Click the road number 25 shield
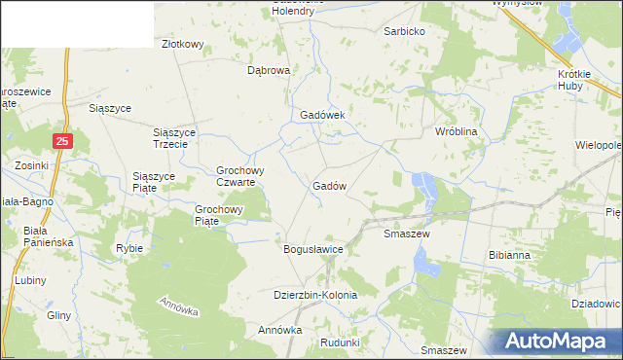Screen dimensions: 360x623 [62, 142]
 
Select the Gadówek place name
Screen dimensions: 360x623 [323, 114]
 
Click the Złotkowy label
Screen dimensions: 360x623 [182, 44]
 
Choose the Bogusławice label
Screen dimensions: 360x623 [313, 249]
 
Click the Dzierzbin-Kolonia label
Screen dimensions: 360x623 [315, 295]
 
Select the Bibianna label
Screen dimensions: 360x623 [509, 255]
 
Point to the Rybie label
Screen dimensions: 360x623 [129, 248]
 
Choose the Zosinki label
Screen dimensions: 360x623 [32, 165]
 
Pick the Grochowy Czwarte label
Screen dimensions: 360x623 [236, 176]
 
